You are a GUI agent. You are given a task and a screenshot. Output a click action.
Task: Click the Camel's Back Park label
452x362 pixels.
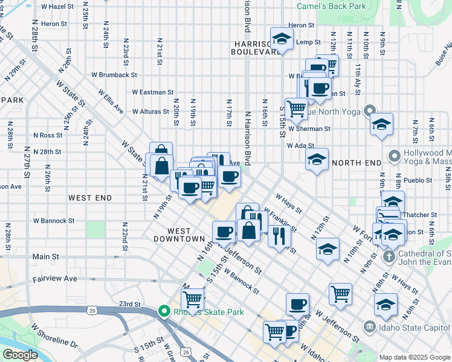(331, 7)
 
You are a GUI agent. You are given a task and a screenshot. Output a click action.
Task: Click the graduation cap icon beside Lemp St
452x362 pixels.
(281, 39)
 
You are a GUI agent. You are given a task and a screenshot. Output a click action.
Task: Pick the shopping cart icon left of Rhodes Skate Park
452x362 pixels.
(192, 299)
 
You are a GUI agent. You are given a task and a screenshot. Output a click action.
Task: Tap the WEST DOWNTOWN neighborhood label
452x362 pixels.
(186, 235)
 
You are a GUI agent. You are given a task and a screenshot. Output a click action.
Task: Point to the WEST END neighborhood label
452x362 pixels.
(90, 197)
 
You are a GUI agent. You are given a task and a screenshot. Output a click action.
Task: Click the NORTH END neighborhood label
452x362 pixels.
(357, 163)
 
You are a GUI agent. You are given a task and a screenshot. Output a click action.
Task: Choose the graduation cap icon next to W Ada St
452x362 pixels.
(317, 159)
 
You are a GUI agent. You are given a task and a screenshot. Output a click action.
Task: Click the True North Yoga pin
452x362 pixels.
(369, 111)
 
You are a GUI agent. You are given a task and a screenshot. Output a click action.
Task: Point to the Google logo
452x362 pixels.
(20, 355)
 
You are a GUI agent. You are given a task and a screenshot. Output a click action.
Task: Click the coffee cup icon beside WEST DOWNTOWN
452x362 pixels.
(224, 231)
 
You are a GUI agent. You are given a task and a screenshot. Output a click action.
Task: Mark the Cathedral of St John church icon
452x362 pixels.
(389, 256)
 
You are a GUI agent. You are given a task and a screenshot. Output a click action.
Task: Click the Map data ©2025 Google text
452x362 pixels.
(415, 357)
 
